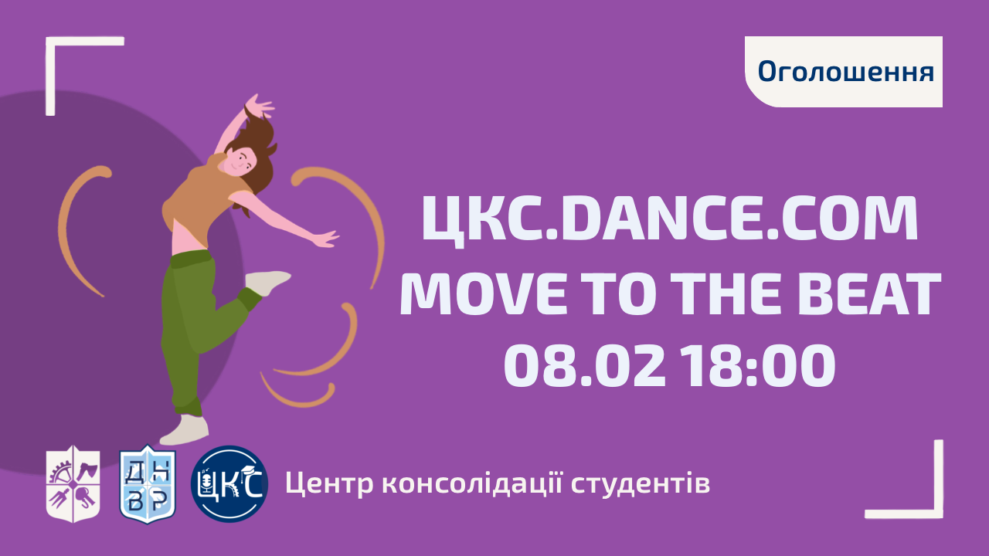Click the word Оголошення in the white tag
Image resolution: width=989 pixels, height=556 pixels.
pyautogui.click(x=846, y=72)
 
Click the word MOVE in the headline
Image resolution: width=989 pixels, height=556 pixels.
pyautogui.click(x=483, y=293)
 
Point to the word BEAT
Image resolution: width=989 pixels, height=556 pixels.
pyautogui.click(x=869, y=293)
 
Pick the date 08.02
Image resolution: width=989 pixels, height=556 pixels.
pyautogui.click(x=584, y=365)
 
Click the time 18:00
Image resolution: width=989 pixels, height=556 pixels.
pyautogui.click(x=757, y=365)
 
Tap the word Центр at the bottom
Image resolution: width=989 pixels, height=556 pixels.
pyautogui.click(x=329, y=484)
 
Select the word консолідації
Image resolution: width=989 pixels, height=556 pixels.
pyautogui.click(x=471, y=483)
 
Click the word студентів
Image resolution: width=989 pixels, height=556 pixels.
pyautogui.click(x=641, y=484)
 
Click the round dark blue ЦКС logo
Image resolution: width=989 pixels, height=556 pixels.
pyautogui.click(x=229, y=484)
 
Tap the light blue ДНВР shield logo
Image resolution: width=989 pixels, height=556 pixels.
pyautogui.click(x=148, y=484)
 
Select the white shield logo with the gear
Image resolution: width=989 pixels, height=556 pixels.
pyautogui.click(x=73, y=484)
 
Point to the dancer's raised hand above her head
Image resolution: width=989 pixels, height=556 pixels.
pyautogui.click(x=260, y=105)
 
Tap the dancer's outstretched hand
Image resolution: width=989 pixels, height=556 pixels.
pyautogui.click(x=326, y=239)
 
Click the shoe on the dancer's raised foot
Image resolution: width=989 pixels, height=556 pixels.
pyautogui.click(x=267, y=283)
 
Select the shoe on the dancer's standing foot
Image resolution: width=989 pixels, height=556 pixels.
pyautogui.click(x=185, y=430)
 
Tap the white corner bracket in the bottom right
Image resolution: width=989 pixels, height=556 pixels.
pyautogui.click(x=938, y=514)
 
